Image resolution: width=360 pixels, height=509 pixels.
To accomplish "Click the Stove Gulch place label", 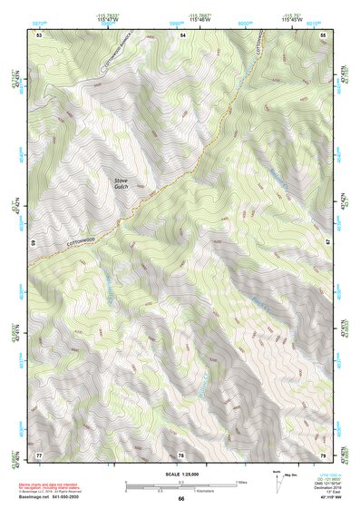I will (121, 184).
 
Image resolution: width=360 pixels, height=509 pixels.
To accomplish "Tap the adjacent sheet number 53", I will (39, 34).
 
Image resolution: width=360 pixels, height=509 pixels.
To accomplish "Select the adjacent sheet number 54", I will (182, 34).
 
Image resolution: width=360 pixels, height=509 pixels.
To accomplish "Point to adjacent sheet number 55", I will (324, 34).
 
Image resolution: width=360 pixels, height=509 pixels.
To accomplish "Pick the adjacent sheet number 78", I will (181, 453).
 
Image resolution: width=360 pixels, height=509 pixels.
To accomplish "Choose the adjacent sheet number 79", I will (324, 453).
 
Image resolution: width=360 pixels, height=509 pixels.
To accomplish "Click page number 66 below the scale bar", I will (181, 498).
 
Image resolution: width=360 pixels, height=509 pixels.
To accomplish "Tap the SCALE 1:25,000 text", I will (181, 474).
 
